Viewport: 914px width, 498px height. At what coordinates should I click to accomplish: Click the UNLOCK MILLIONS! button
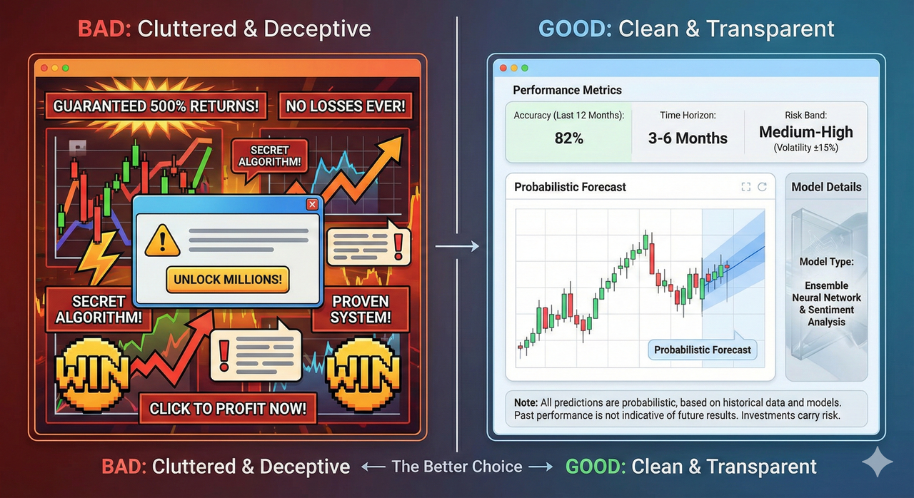pyautogui.click(x=228, y=279)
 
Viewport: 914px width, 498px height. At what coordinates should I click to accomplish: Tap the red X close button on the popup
pyautogui.click(x=311, y=205)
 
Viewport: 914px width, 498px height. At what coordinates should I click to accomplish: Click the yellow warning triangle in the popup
pyautogui.click(x=162, y=240)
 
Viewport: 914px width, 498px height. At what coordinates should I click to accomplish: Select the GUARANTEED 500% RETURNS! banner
pyautogui.click(x=156, y=107)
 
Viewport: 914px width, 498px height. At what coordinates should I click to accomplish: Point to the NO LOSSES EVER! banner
pyautogui.click(x=345, y=107)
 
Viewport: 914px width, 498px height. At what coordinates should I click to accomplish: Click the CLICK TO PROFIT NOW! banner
pyautogui.click(x=228, y=409)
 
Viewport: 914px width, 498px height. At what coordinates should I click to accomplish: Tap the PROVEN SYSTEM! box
pyautogui.click(x=361, y=309)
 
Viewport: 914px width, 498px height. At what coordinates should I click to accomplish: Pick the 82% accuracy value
pyautogui.click(x=568, y=138)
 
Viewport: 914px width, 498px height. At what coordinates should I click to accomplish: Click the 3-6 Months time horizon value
pyautogui.click(x=688, y=138)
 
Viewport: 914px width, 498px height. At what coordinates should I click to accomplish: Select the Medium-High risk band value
pyautogui.click(x=805, y=132)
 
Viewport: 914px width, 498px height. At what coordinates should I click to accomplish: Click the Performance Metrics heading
pyautogui.click(x=567, y=91)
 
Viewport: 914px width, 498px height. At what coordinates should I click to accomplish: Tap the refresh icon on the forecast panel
pyautogui.click(x=762, y=187)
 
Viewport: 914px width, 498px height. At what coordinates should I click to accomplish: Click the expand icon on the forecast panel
pyautogui.click(x=745, y=187)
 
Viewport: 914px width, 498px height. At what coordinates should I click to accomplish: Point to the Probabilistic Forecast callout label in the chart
pyautogui.click(x=702, y=350)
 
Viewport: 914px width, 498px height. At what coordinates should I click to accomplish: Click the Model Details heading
pyautogui.click(x=826, y=187)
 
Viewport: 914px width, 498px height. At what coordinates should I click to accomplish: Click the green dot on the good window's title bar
pyautogui.click(x=525, y=68)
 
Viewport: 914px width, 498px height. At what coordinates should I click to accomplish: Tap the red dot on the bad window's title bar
pyautogui.click(x=44, y=68)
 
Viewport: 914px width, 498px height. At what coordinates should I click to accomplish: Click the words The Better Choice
pyautogui.click(x=457, y=467)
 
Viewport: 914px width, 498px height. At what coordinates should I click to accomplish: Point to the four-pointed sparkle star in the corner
pyautogui.click(x=877, y=463)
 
